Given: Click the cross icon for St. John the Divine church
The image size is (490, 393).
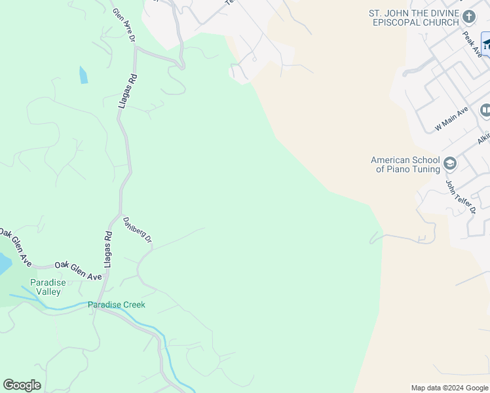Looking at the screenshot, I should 468,16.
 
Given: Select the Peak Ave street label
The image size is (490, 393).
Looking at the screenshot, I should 472,45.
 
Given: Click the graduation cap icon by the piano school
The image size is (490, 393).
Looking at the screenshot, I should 449,163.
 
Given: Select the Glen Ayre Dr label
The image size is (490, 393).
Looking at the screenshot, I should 123,26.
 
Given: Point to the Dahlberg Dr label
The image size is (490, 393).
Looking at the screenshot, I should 138,231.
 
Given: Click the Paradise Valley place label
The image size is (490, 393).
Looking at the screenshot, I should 48,287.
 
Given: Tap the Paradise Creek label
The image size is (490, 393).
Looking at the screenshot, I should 117,305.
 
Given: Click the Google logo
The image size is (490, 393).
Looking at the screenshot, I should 22,385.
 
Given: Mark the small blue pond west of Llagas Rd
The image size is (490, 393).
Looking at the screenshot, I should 83,75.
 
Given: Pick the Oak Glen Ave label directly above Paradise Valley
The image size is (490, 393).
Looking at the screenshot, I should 78,271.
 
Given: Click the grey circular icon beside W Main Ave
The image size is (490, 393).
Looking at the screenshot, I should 485,110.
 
